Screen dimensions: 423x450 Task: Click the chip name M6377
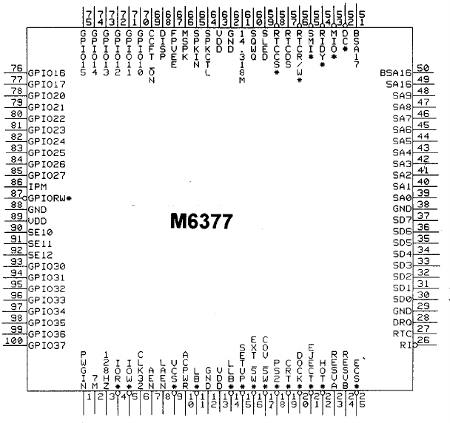pos(202,222)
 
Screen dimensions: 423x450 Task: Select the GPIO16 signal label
pos(47,73)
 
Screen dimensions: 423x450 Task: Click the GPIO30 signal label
pos(47,266)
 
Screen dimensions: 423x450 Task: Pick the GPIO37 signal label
pos(47,345)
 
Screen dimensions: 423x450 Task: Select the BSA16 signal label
pos(395,73)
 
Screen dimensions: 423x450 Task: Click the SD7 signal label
pos(403,220)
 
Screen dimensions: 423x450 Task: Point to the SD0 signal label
pos(403,300)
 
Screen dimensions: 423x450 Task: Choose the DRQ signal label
pos(403,322)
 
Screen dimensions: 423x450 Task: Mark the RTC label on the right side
pos(403,334)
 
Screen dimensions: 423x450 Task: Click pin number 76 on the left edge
pos(15,68)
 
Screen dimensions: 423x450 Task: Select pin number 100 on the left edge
pos(13,340)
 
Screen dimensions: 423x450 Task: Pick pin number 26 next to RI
pos(424,339)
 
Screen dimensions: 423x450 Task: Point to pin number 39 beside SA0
pos(424,192)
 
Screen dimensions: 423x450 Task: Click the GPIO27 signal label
pos(47,175)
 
